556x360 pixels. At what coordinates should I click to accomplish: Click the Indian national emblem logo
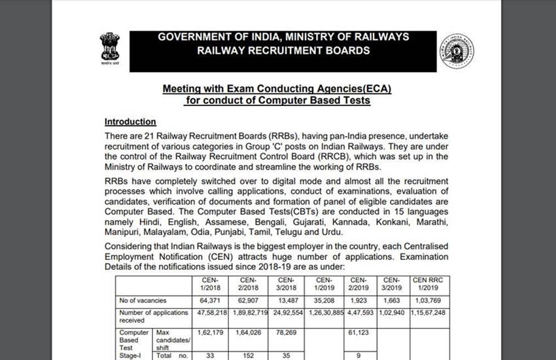coord(109,48)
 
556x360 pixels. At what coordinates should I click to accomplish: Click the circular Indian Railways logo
coord(457,51)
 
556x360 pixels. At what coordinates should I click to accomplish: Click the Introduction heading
coord(130,122)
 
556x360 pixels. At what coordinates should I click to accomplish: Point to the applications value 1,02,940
coord(391,313)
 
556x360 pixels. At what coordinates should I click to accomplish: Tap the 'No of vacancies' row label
coord(138,300)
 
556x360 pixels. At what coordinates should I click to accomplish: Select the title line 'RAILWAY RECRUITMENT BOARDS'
coord(283,50)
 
